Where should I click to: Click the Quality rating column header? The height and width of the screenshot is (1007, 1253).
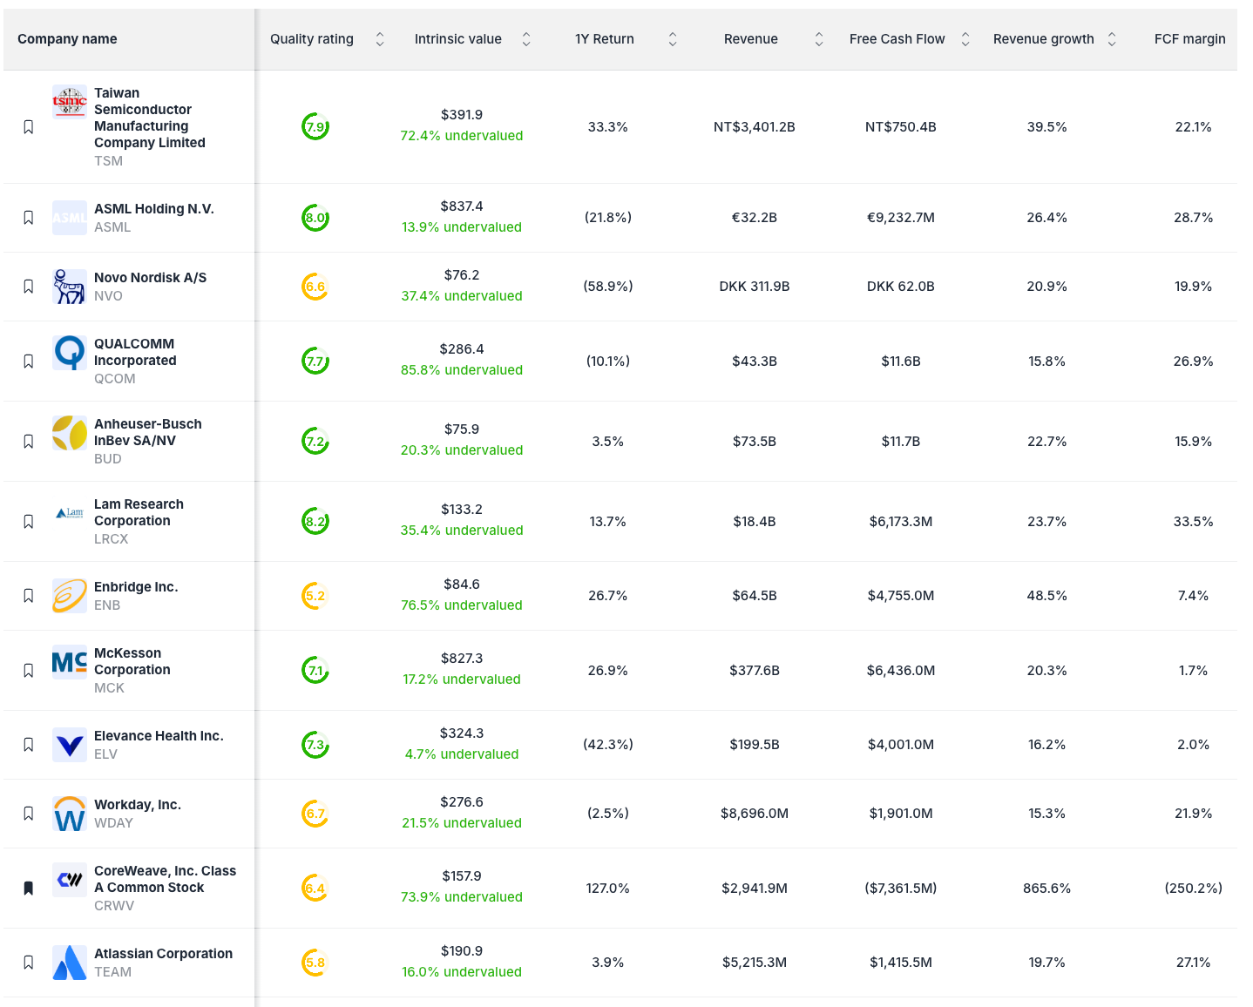coord(312,39)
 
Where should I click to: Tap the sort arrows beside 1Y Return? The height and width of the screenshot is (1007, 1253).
coord(673,39)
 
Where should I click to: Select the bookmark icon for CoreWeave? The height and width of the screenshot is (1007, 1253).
coord(29,889)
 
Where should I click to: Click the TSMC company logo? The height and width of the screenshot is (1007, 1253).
coord(70,102)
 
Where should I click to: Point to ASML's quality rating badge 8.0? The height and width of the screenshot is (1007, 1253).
coord(315,218)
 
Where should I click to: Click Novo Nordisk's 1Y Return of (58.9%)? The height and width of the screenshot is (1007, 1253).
coord(608,287)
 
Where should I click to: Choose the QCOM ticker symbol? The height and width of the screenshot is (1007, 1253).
coord(115,379)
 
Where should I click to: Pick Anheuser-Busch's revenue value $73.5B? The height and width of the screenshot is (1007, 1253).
coord(755,442)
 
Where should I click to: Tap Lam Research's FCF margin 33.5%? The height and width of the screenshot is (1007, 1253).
coord(1193,522)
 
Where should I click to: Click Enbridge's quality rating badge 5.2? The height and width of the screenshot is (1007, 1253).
coord(315,596)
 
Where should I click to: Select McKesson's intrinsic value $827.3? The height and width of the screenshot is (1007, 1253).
coord(462,659)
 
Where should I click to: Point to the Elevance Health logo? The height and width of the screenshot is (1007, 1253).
coord(70,745)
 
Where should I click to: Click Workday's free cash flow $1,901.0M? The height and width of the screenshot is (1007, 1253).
coord(901,814)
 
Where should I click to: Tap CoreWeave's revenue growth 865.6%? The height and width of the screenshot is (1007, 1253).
coord(1046,889)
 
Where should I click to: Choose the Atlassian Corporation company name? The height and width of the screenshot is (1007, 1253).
coord(164,954)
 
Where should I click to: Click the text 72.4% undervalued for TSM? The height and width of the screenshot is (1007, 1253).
coord(462,136)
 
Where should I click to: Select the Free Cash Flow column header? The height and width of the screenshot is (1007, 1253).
coord(897,39)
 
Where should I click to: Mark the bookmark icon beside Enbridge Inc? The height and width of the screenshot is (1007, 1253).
coord(29,596)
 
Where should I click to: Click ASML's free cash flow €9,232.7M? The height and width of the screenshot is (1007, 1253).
coord(901,218)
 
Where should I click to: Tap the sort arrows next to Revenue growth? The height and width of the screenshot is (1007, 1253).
coord(1112,39)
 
